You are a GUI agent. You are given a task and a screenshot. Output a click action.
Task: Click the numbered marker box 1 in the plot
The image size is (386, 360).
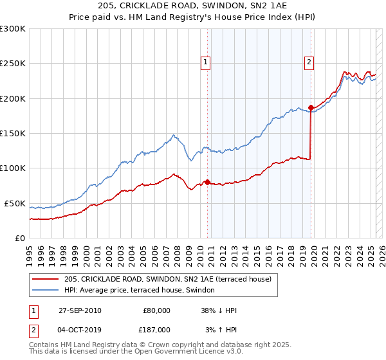pos(205,62)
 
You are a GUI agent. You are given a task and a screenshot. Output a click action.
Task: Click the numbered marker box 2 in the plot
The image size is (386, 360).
pos(309,62)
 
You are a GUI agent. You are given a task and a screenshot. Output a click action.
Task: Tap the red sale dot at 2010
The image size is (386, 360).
pos(207,182)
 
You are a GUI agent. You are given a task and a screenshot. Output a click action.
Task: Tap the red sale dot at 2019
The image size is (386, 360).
pos(311,107)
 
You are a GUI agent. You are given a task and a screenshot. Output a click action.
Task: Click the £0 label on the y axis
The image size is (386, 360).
pos(19,238)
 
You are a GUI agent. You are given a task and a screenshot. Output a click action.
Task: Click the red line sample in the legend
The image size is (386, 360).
pos(45,279)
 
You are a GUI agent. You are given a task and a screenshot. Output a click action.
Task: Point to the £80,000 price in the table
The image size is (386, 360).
pos(156,310)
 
